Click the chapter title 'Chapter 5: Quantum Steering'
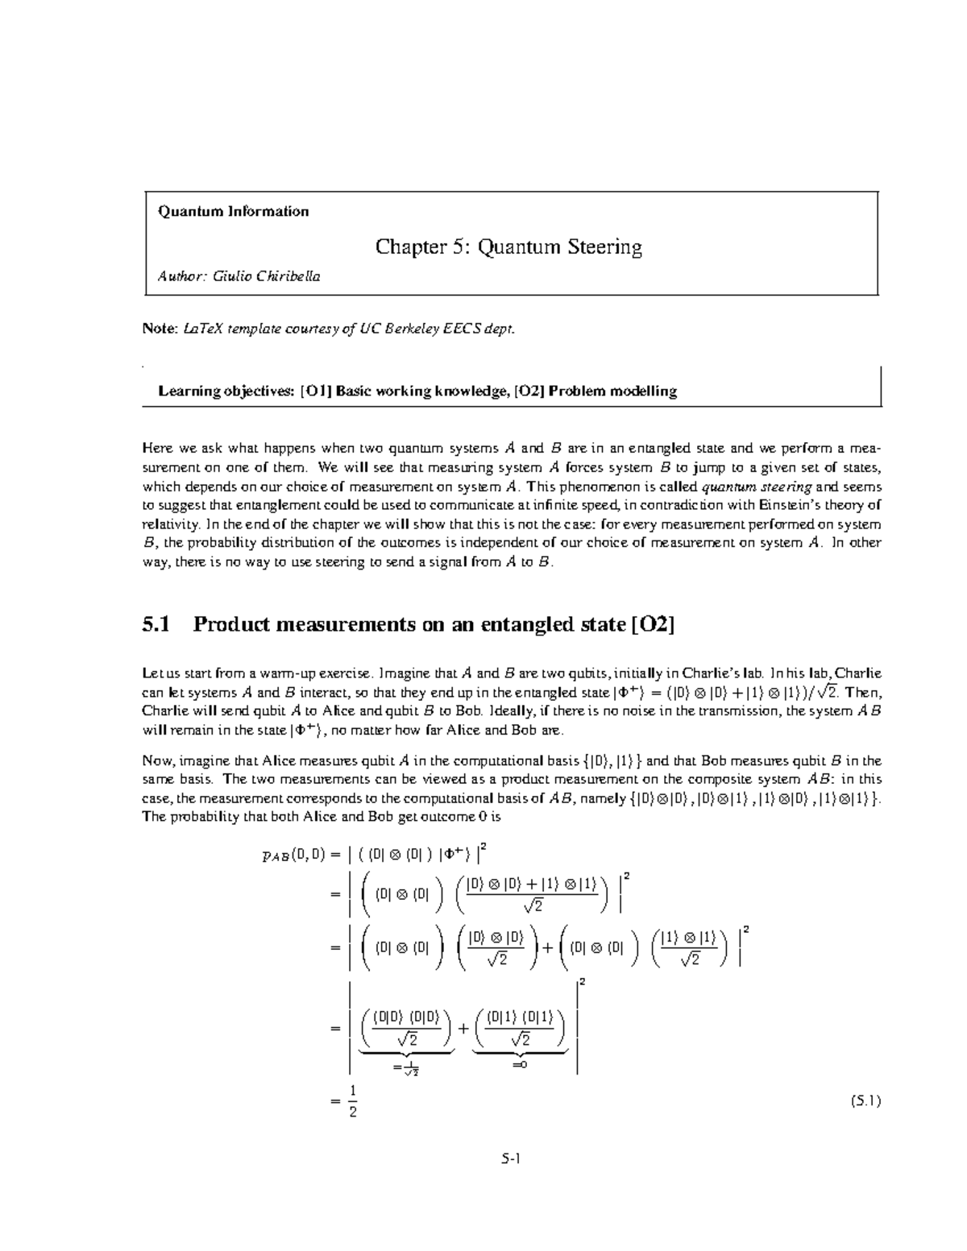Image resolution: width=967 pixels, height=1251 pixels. (x=508, y=246)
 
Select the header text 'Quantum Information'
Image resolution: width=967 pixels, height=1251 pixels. (x=233, y=212)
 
